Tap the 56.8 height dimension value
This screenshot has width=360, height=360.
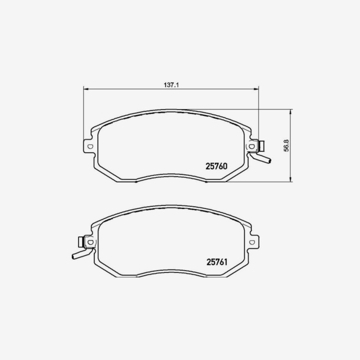[x=286, y=146]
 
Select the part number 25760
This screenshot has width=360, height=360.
[x=216, y=166]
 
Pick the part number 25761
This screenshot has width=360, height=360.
[x=216, y=261]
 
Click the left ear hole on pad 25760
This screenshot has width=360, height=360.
[x=90, y=147]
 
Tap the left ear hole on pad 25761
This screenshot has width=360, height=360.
[x=89, y=242]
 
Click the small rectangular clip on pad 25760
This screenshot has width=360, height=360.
[x=261, y=146]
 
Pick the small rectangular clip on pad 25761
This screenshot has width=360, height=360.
[x=81, y=242]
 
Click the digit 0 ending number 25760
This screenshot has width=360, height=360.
[x=224, y=166]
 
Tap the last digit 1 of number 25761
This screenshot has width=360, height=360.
[x=224, y=261]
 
